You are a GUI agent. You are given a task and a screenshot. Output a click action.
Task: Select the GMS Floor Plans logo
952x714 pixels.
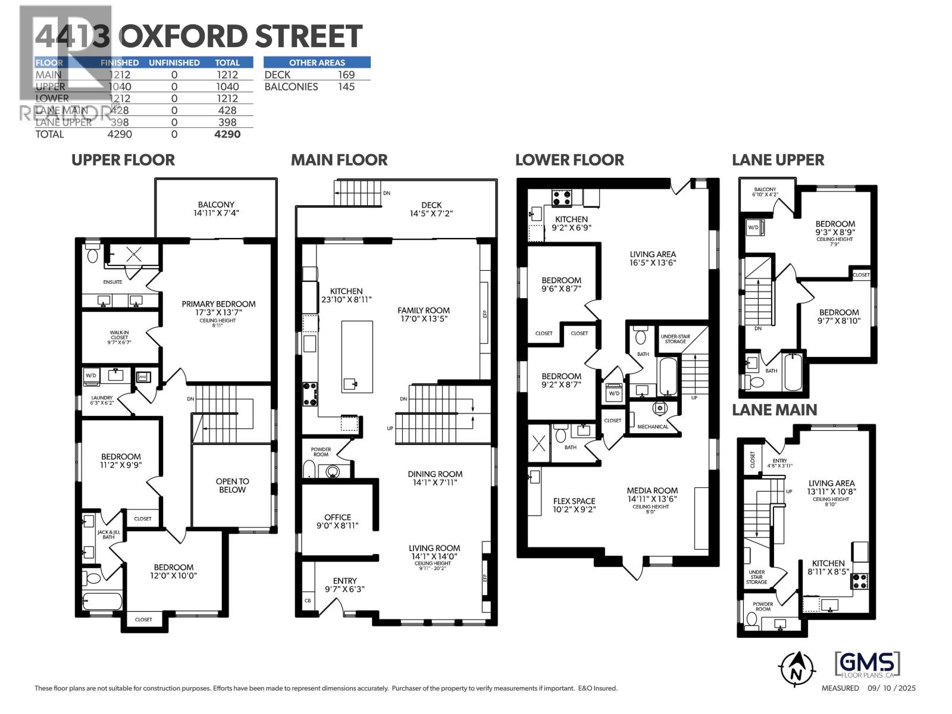pos(868,665)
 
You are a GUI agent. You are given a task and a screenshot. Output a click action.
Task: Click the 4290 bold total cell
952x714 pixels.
pos(227,134)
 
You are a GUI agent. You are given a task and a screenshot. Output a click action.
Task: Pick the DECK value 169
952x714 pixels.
pos(346,75)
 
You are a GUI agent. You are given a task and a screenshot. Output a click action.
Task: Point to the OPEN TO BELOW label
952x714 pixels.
pos(232,486)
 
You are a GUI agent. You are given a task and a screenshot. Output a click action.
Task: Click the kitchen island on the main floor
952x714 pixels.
pos(357,356)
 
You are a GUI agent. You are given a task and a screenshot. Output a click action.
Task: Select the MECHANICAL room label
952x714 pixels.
pos(653,427)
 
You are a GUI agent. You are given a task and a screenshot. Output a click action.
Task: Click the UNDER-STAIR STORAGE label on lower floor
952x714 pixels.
pos(675,339)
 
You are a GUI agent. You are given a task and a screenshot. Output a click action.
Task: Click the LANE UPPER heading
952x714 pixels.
pos(778,160)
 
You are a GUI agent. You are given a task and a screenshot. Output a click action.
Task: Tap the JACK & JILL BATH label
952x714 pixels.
pos(108,534)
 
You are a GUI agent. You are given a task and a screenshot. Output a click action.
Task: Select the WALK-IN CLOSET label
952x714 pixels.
pos(119,337)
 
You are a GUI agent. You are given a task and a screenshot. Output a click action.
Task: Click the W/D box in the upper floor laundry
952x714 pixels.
pos(91,376)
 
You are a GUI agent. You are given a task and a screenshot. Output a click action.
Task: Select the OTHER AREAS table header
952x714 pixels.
pos(317,62)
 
